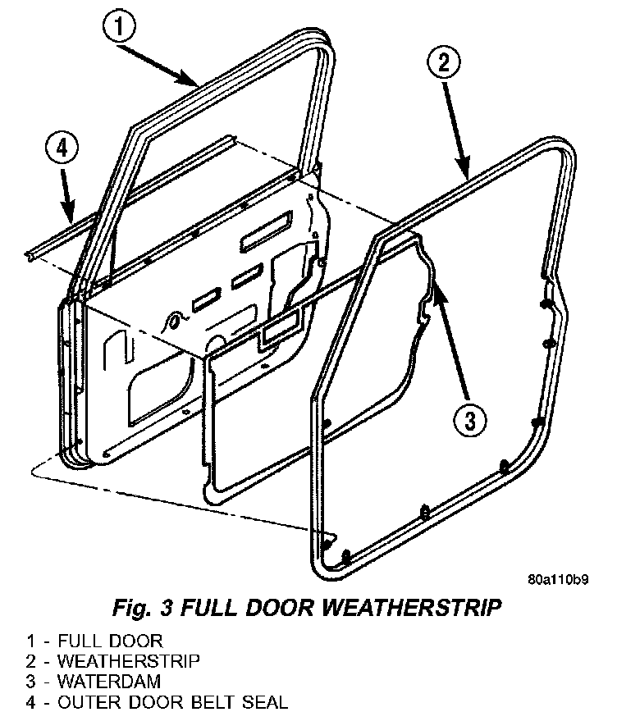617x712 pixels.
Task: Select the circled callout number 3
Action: [468, 421]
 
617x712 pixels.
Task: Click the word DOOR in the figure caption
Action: [270, 609]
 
